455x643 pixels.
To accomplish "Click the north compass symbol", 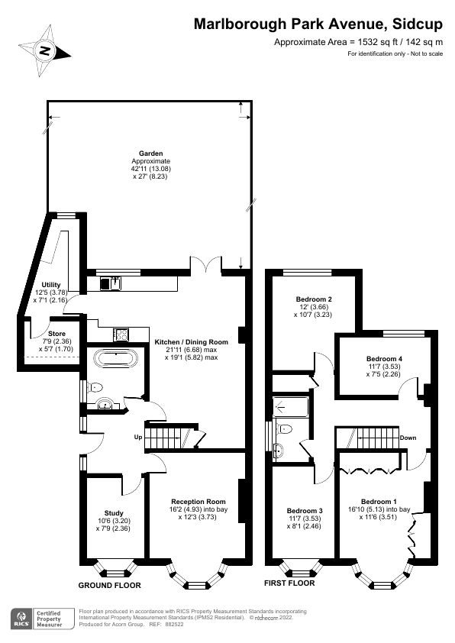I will [45, 50].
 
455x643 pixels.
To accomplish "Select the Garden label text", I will [150, 153].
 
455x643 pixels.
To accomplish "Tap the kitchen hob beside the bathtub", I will [121, 334].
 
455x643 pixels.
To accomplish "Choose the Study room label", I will [112, 513].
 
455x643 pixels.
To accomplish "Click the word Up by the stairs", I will [138, 438].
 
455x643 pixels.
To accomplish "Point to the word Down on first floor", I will [408, 438].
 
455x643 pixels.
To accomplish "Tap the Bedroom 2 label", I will [313, 299].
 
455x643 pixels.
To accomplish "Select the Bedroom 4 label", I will [384, 359].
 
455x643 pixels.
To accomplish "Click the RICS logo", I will [20, 617].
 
